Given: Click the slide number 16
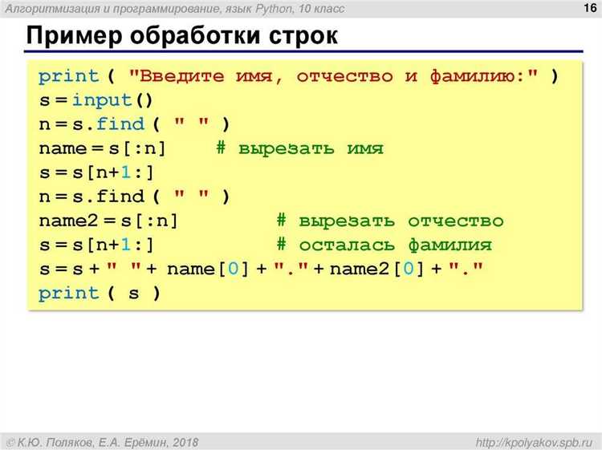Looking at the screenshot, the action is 590,8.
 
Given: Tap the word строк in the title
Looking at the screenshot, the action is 303,36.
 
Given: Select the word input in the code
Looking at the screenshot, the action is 102,100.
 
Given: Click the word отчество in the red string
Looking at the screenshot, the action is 345,76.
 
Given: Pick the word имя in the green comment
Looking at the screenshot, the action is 365,148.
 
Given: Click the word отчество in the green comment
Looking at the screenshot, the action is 455,221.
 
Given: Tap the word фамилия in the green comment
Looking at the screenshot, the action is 449,245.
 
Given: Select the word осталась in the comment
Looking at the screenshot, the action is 347,245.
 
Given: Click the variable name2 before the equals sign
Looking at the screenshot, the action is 68,221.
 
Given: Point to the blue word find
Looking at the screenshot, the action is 120,124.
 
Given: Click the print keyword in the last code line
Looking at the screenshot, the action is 69,294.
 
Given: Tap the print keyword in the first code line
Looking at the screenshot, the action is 69,76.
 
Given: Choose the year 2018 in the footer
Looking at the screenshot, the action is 185,443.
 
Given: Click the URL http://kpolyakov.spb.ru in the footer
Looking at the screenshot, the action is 534,443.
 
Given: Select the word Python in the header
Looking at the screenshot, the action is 274,9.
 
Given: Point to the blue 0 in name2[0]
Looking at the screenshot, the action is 409,269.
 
